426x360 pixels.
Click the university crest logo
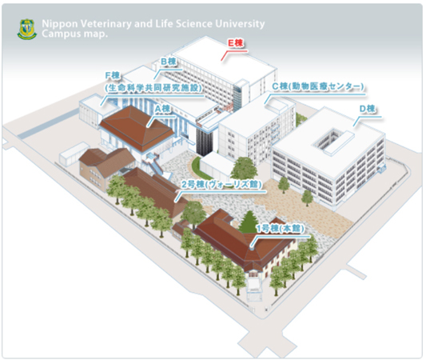pos(26,30)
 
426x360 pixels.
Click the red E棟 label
pos(235,43)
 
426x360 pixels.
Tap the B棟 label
pos(169,62)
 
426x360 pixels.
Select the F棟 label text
pos(113,75)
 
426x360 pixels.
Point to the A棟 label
pos(162,109)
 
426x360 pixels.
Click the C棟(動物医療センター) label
pos(318,86)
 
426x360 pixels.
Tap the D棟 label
pos(368,109)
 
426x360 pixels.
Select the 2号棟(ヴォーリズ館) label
pos(221,184)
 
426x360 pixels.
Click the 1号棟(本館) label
pos(281,228)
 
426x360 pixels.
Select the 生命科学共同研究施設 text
pos(153,87)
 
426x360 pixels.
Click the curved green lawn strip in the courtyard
pos(196,166)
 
